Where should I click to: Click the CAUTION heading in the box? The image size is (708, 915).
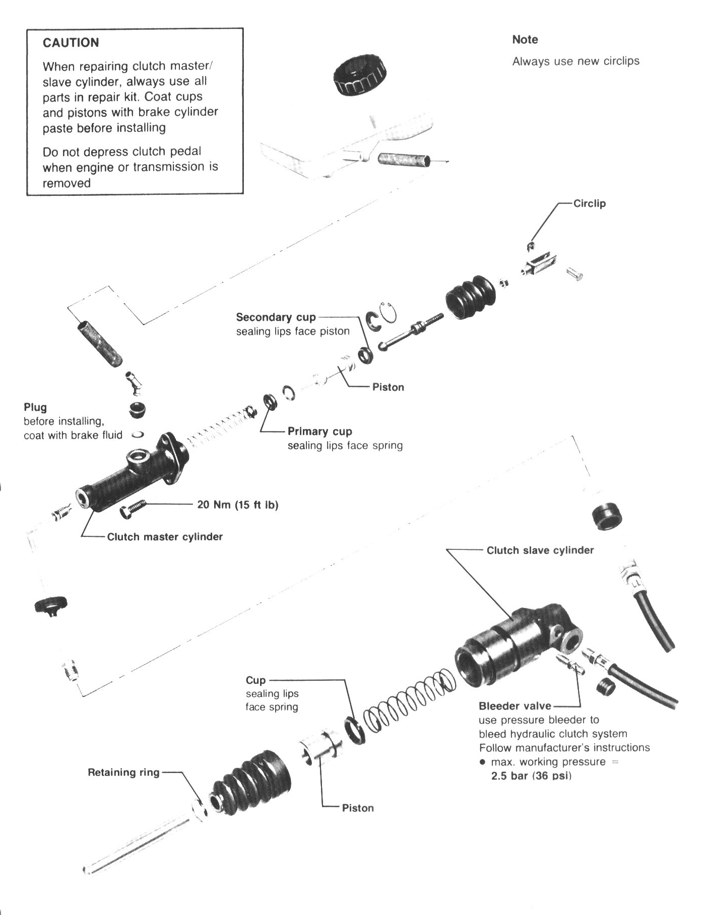71,43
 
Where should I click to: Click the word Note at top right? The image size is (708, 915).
525,39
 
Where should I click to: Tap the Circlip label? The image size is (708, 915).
589,203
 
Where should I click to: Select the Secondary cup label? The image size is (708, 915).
276,317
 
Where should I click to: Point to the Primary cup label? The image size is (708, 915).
319,432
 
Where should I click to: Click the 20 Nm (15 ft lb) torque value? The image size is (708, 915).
237,504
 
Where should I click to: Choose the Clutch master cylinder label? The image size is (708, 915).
165,537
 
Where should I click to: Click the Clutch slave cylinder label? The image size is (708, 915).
540,550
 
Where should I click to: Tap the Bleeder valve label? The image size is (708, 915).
514,706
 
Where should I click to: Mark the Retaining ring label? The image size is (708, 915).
123,772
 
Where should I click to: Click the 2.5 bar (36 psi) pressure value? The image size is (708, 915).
531,776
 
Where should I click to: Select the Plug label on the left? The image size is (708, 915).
35,407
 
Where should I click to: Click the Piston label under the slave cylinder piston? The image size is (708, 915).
358,808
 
